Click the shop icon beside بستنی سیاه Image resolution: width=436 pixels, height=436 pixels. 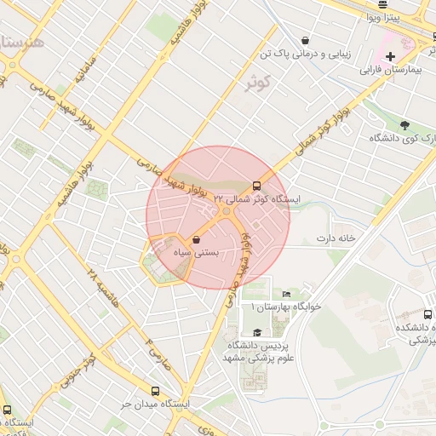(198, 239)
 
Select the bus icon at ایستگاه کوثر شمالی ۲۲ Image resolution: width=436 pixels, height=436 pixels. (257, 186)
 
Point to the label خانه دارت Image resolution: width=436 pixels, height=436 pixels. (336, 238)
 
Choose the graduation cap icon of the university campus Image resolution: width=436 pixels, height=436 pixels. (257, 333)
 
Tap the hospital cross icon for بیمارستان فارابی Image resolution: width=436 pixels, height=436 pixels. (390, 58)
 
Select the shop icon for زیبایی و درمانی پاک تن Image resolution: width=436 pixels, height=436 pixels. (305, 40)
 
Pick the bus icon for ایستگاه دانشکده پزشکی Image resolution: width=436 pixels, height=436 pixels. (427, 314)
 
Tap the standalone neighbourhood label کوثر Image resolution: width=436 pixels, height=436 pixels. (257, 84)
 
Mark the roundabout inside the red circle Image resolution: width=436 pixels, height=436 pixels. (225, 210)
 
